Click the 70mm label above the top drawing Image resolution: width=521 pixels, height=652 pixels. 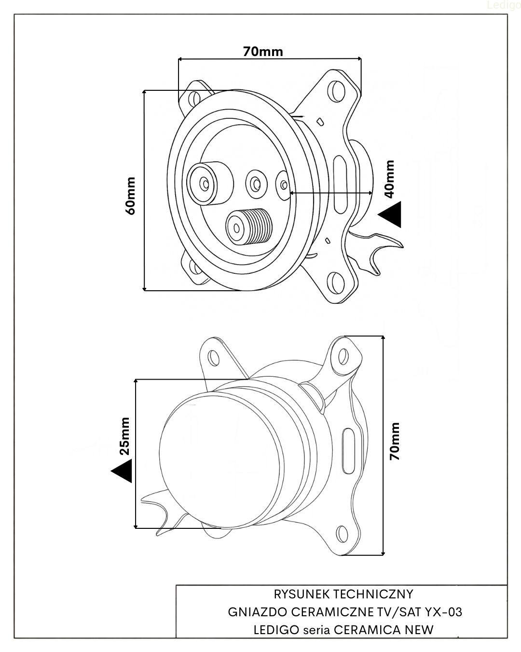pyautogui.click(x=263, y=51)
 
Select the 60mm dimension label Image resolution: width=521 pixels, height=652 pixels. pyautogui.click(x=130, y=196)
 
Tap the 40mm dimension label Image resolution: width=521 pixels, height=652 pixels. pyautogui.click(x=390, y=179)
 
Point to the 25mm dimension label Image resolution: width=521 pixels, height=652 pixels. pyautogui.click(x=124, y=436)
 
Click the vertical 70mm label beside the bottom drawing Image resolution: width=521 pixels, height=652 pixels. pyautogui.click(x=395, y=440)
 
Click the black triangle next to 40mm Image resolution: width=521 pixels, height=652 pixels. pyautogui.click(x=391, y=214)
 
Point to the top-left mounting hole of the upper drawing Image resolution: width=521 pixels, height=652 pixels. pyautogui.click(x=194, y=98)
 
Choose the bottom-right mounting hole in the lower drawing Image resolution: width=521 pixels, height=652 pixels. pyautogui.click(x=342, y=534)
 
